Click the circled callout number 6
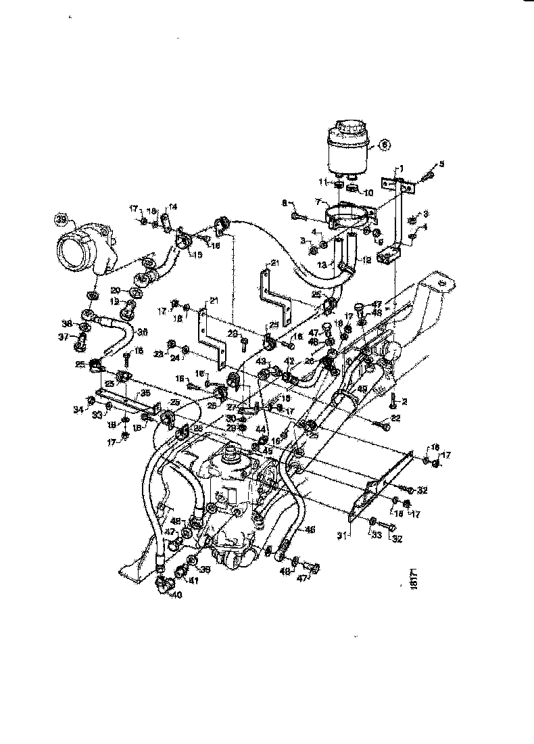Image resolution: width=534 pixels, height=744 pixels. point(385,143)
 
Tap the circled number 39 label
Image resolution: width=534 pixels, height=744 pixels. point(62,219)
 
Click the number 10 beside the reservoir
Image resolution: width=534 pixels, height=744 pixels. point(368,193)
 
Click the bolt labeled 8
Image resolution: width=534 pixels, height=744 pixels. point(300,216)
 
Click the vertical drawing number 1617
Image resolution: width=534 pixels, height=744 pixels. point(414,580)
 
